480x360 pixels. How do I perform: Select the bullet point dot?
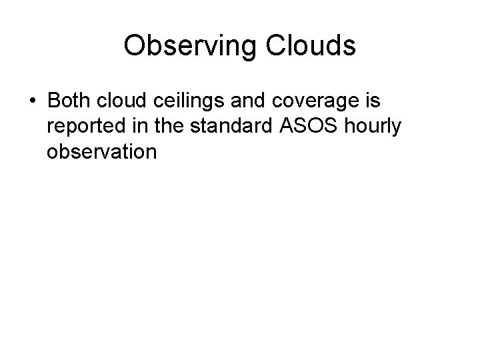coord(33,101)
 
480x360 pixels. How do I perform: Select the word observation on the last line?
coord(101,152)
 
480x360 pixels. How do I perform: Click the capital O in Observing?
coord(135,46)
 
